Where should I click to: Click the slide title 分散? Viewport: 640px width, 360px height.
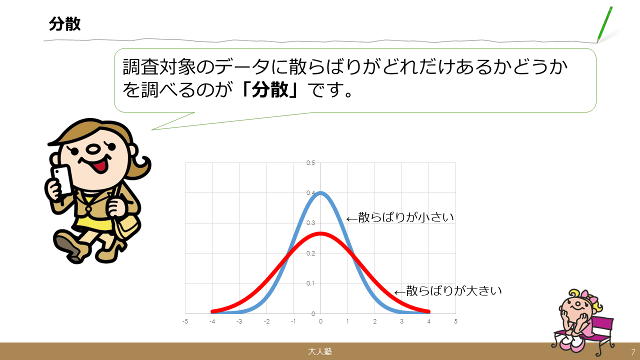[65, 23]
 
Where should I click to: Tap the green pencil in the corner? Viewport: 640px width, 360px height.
[604, 24]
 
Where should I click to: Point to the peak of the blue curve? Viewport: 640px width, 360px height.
[320, 192]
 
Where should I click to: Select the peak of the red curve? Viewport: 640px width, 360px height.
[320, 233]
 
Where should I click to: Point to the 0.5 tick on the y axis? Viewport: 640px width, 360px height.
[310, 163]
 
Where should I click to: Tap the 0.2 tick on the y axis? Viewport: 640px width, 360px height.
[310, 253]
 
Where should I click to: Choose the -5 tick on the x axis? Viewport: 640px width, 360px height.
[185, 321]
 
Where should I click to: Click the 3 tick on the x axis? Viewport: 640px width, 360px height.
[401, 321]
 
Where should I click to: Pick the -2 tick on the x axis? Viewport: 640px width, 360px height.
[266, 321]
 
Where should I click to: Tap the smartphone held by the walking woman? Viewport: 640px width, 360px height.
[62, 180]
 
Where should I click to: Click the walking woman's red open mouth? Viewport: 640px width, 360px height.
[100, 165]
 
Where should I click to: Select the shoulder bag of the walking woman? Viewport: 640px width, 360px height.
[127, 225]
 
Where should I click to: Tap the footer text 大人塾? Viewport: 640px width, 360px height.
[320, 351]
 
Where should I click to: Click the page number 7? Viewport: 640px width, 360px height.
[633, 352]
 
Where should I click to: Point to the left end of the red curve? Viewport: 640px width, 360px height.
[212, 311]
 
